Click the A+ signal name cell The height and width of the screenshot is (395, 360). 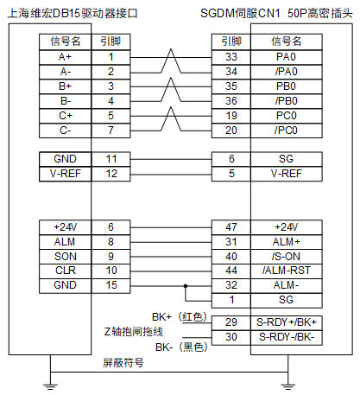pyautogui.click(x=66, y=57)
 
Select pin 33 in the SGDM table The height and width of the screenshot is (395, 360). pyautogui.click(x=231, y=57)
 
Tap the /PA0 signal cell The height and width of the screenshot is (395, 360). pyautogui.click(x=287, y=72)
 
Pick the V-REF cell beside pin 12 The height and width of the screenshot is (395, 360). pyautogui.click(x=66, y=174)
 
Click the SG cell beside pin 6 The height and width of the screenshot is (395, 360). pyautogui.click(x=287, y=159)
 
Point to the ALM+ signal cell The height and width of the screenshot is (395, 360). pyautogui.click(x=287, y=242)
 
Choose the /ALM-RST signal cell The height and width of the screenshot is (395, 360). pyautogui.click(x=287, y=271)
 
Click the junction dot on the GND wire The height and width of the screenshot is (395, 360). pyautogui.click(x=186, y=286)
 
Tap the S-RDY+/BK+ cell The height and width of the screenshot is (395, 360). pyautogui.click(x=287, y=322)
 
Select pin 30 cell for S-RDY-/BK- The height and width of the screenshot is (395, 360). pyautogui.click(x=231, y=337)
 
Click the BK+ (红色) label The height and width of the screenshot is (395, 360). pyautogui.click(x=180, y=317)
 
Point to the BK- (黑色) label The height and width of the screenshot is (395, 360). pyautogui.click(x=181, y=347)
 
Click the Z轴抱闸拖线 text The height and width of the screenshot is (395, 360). pyautogui.click(x=134, y=332)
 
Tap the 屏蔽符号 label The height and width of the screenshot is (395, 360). pyautogui.click(x=123, y=363)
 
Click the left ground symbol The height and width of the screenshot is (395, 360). pyautogui.click(x=51, y=387)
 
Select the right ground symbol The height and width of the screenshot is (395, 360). pyautogui.click(x=287, y=387)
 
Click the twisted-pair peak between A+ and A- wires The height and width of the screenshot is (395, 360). pyautogui.click(x=171, y=49)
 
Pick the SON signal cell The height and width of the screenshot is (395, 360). pyautogui.click(x=66, y=257)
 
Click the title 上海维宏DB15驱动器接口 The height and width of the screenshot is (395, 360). pyautogui.click(x=73, y=13)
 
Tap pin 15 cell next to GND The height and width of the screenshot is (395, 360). pyautogui.click(x=111, y=285)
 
